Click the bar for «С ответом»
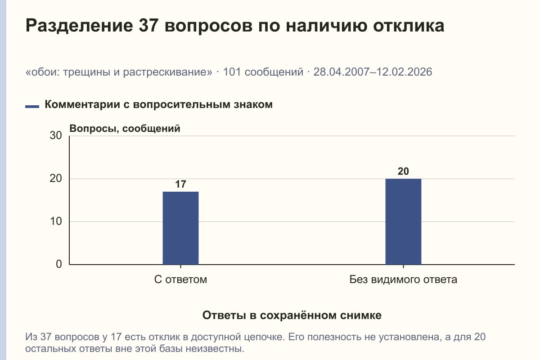click(180, 228)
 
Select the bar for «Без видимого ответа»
click(403, 221)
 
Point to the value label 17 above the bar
click(180, 184)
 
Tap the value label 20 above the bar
click(403, 171)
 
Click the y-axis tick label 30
click(56, 135)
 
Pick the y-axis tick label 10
click(56, 221)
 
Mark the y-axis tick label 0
click(59, 264)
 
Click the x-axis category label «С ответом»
click(180, 280)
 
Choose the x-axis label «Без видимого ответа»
click(403, 280)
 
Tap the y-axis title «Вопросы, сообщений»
click(125, 129)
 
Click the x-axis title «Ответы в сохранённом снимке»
click(292, 315)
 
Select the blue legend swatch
click(32, 107)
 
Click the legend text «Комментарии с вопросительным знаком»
click(158, 105)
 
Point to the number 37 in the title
click(148, 26)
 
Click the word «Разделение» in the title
click(79, 26)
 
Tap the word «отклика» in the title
click(409, 26)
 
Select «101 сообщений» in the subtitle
click(263, 72)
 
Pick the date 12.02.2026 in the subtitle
click(404, 72)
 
